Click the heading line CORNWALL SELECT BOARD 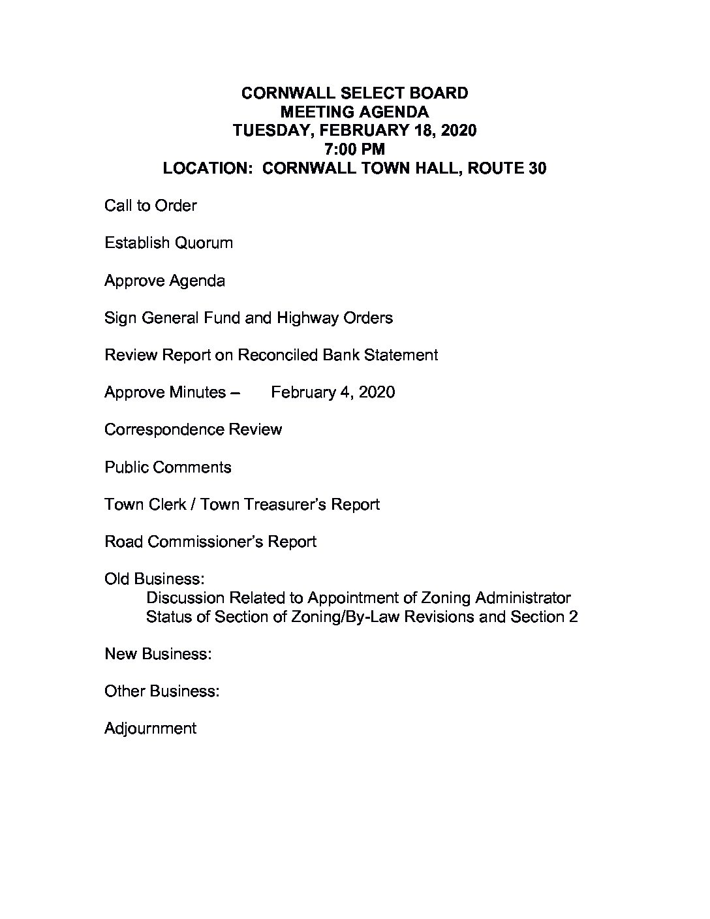coord(354,93)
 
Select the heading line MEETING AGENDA coord(354,112)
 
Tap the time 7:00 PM coord(354,149)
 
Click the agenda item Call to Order coord(150,206)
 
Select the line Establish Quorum coord(168,243)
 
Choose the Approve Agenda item coord(164,281)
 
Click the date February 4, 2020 coord(333,392)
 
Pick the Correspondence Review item coord(193,429)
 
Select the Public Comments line coord(168,467)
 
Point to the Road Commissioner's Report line coord(210,542)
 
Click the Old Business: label coord(155,579)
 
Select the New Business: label coord(158,653)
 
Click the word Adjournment coord(150,728)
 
